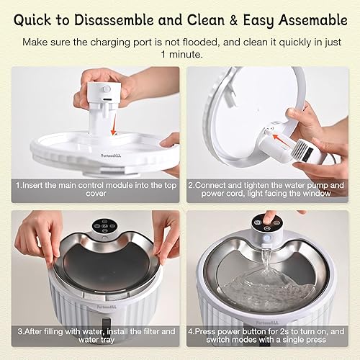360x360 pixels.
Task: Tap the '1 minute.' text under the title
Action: coord(180,55)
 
